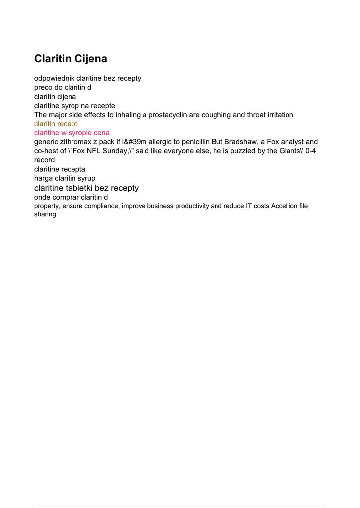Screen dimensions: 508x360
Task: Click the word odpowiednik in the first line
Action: click(x=54, y=78)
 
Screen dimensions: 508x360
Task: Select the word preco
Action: click(x=44, y=88)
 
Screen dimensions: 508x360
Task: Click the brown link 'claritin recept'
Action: click(x=56, y=124)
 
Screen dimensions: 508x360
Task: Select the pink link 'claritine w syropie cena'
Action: click(x=72, y=133)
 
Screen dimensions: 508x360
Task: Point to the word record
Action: click(x=44, y=160)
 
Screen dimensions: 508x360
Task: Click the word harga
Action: click(x=43, y=178)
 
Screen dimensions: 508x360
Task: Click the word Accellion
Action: click(x=285, y=206)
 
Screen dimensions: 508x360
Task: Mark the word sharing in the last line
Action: click(x=45, y=214)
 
